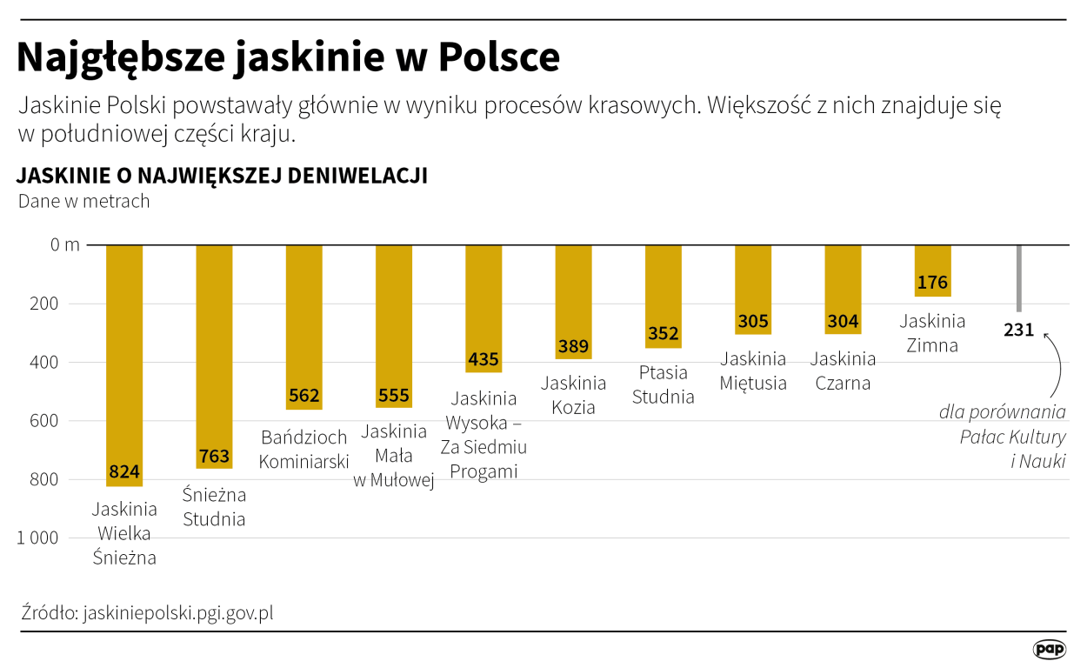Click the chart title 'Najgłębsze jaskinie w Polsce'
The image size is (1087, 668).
[x=288, y=57]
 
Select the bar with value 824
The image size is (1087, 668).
[x=124, y=365]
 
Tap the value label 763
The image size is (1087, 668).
[x=214, y=456]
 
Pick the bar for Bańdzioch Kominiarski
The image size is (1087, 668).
[x=303, y=326]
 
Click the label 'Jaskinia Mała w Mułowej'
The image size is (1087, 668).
[x=394, y=457]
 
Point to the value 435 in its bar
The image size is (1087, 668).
[x=483, y=359]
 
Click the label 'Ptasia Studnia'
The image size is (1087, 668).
[x=664, y=384]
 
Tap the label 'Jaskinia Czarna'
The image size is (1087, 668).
[x=843, y=371]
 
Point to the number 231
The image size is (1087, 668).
[x=1018, y=330]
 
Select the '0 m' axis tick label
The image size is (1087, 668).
[x=64, y=245]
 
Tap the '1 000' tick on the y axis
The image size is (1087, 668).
[x=38, y=538]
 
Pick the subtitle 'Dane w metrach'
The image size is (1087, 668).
[x=84, y=201]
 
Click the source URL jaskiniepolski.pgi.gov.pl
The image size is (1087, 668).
[x=178, y=612]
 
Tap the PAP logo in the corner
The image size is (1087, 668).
[x=1049, y=650]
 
